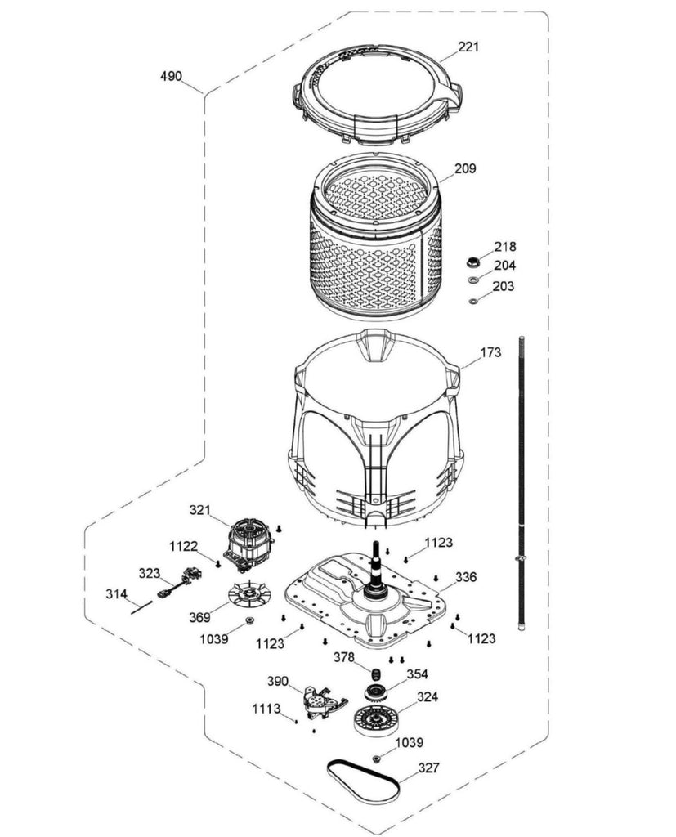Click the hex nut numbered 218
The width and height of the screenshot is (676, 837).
pyautogui.click(x=472, y=262)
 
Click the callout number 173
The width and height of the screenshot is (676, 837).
pyautogui.click(x=490, y=353)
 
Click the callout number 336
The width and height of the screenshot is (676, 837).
pyautogui.click(x=465, y=577)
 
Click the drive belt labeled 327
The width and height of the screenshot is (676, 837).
pyautogui.click(x=364, y=780)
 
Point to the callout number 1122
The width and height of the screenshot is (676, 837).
pyautogui.click(x=183, y=546)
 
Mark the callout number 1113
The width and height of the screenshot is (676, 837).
pyautogui.click(x=266, y=709)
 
